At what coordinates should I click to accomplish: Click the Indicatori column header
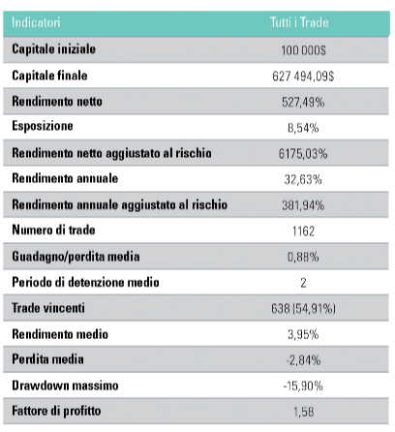point(36,22)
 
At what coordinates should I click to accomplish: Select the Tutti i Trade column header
point(299,22)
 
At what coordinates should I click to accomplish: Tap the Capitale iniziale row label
point(53,49)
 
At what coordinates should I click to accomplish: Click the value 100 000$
point(303,50)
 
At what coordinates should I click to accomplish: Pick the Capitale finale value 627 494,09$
point(303,77)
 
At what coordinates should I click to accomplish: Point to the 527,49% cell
point(303,102)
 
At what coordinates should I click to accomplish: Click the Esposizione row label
point(43,126)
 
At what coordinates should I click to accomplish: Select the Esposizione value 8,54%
point(303,128)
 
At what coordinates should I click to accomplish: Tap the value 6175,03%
point(303,154)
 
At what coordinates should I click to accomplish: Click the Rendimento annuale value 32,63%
point(303,179)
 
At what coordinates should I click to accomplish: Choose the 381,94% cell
point(303,205)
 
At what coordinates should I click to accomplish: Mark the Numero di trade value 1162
point(303,231)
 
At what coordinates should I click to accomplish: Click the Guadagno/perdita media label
point(76,257)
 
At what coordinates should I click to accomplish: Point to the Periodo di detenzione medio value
point(303,283)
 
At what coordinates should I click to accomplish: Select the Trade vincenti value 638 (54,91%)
point(303,308)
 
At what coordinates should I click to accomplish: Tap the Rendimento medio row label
point(60,334)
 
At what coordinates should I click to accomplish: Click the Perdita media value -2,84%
point(303,360)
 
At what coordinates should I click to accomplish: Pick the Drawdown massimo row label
point(65,386)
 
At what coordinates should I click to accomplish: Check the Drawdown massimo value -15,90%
point(303,386)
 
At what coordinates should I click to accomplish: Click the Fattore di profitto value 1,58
point(303,412)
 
